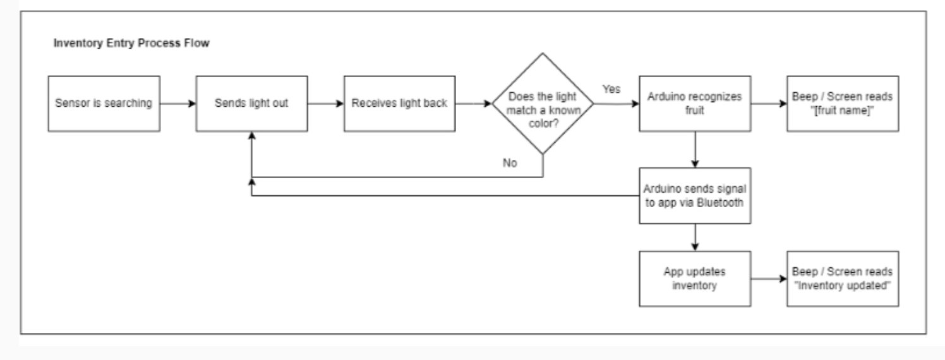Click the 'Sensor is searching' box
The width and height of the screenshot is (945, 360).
[x=102, y=104]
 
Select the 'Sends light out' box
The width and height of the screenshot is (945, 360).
[x=251, y=104]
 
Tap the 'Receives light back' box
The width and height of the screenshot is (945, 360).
[x=400, y=104]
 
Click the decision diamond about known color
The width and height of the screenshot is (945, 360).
[x=543, y=104]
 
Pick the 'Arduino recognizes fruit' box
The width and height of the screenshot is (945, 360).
[x=695, y=104]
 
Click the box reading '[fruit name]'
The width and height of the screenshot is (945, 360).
[x=842, y=104]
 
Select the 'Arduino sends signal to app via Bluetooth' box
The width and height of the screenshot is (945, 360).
[x=695, y=196]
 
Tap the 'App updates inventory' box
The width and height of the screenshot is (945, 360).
[x=695, y=279]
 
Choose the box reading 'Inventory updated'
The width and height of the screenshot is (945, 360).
[x=842, y=279]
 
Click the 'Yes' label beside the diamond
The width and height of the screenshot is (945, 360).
[x=611, y=90]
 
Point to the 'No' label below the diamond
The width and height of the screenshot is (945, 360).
[x=510, y=163]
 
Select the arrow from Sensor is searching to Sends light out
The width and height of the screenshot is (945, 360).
[x=176, y=104]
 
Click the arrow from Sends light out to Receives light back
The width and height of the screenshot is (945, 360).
[x=325, y=104]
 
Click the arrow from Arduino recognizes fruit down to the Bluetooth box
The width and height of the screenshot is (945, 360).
[x=695, y=149]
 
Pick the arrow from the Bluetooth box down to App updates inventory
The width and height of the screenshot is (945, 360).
[x=695, y=237]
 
